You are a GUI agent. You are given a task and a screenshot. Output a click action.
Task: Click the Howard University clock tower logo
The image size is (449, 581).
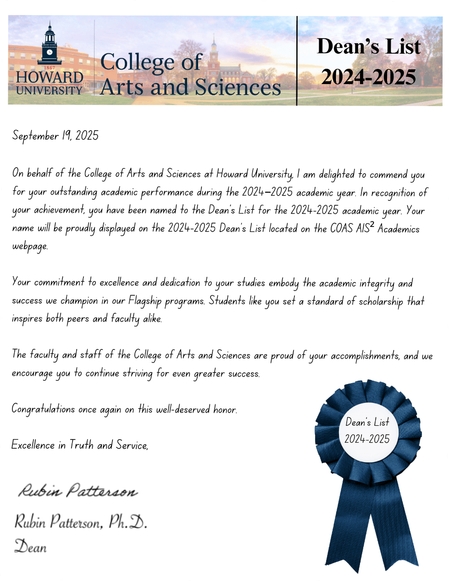click(50, 46)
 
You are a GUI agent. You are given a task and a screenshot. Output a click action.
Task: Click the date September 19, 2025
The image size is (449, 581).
click(55, 135)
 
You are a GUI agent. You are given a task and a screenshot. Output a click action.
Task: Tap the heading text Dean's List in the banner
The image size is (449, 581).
click(368, 46)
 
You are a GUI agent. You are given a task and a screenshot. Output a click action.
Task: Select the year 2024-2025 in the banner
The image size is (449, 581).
click(368, 77)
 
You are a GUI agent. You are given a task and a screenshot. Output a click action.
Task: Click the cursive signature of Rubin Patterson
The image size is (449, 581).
click(78, 491)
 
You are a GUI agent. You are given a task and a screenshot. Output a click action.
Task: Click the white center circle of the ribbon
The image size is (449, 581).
click(367, 431)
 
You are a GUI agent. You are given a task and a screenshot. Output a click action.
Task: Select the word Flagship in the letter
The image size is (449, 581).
click(145, 301)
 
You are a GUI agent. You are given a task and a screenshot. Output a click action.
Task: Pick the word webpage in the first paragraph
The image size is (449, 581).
click(30, 246)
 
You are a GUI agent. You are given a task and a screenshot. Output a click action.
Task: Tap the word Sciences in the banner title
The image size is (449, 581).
click(236, 87)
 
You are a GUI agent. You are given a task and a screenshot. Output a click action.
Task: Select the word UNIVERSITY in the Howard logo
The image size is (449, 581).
click(49, 90)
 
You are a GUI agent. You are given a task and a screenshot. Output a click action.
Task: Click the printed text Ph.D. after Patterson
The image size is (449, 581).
click(127, 522)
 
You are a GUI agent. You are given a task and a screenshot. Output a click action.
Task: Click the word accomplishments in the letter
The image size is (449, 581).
click(365, 356)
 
